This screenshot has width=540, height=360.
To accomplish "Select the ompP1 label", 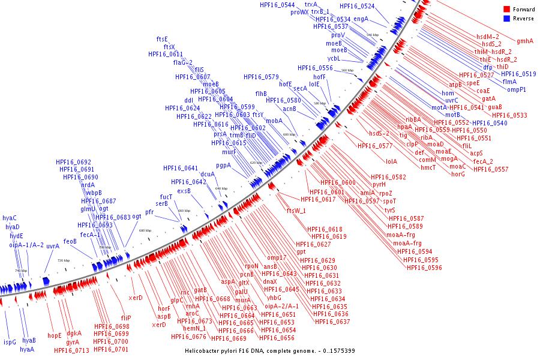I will pos(517,90).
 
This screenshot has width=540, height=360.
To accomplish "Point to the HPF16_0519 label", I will pos(518,74).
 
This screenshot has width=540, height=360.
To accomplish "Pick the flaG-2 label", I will pos(183,62).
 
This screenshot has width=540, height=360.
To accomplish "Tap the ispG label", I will pos(10,342).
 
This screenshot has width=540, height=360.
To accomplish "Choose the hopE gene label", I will pos(55,335).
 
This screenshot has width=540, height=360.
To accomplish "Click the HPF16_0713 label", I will pos(71,350).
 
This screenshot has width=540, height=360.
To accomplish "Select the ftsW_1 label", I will pos(296,211).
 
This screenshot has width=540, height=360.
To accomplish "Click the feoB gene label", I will pos(70,241).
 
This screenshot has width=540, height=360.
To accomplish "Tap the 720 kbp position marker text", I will pos(63,261).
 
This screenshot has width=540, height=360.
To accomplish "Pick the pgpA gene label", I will pos(223,165).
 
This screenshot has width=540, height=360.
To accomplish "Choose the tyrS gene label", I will pos(390,211).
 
